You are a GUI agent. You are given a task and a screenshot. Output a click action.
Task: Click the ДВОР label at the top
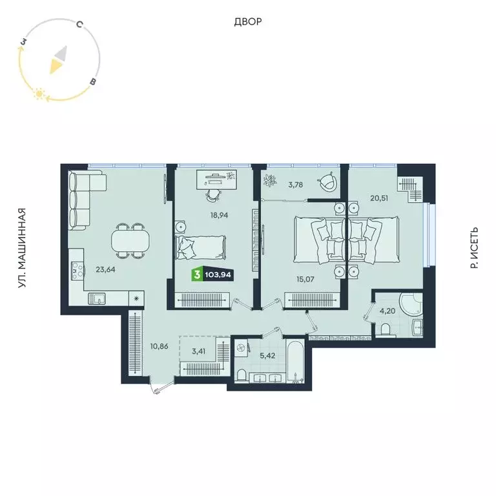248,22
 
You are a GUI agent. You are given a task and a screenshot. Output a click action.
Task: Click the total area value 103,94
218,275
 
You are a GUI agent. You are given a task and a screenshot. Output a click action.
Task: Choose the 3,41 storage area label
200,353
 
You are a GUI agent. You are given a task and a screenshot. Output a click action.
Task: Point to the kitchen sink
97,298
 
